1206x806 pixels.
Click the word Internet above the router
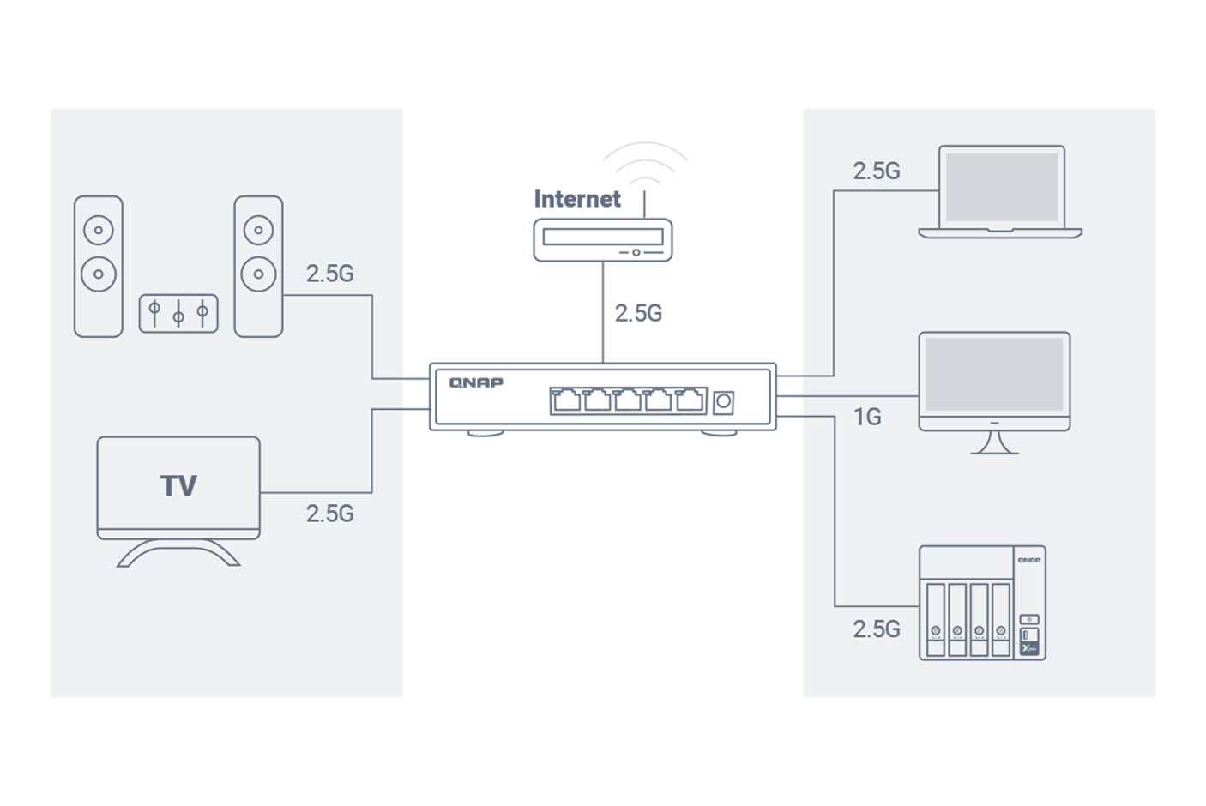click(x=576, y=199)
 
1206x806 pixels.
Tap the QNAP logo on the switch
click(x=476, y=382)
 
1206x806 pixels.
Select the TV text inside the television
click(x=178, y=486)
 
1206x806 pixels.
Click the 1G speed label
click(x=866, y=417)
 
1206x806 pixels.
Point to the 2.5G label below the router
click(x=638, y=313)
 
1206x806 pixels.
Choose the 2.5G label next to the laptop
click(x=876, y=171)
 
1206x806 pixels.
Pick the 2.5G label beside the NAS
click(x=876, y=629)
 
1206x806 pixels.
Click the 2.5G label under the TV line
click(x=329, y=513)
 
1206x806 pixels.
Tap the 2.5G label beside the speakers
click(x=329, y=273)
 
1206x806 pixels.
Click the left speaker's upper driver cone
click(x=99, y=230)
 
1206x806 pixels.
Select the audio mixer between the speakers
click(x=178, y=314)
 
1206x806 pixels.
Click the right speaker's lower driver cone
click(x=258, y=274)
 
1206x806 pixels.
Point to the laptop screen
click(x=1001, y=186)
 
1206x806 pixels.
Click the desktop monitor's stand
click(x=994, y=442)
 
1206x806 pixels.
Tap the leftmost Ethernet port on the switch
click(x=566, y=400)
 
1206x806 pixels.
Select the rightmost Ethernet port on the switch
click(x=690, y=400)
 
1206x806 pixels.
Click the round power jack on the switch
click(x=723, y=402)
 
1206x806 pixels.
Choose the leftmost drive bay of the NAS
click(x=936, y=619)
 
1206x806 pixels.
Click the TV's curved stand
click(x=178, y=554)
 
